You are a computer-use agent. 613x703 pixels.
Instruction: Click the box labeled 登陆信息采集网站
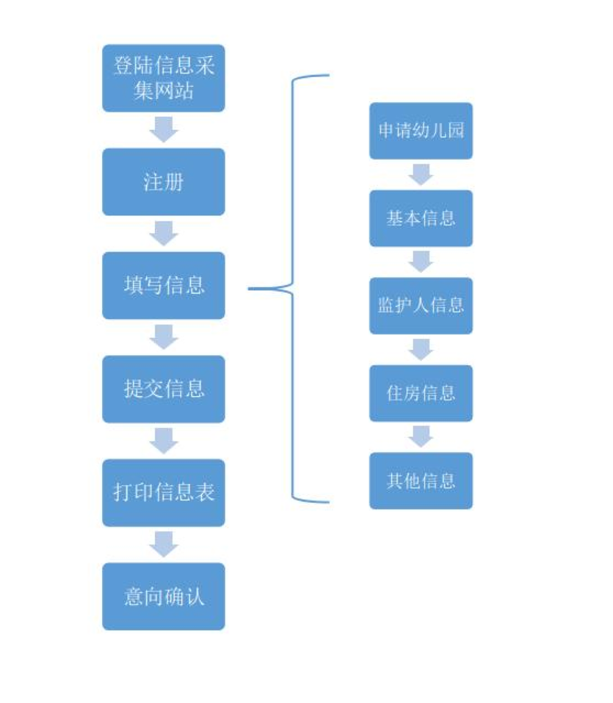point(164,78)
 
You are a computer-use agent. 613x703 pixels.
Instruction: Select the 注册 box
point(164,181)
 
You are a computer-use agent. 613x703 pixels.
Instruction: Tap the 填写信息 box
point(164,285)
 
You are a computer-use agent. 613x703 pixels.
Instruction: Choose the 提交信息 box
point(164,389)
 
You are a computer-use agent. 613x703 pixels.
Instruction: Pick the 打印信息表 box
point(164,492)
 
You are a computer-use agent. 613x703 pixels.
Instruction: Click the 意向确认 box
point(164,596)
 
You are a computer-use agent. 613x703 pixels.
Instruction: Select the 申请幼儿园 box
point(421,131)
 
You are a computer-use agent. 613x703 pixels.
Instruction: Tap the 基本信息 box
point(421,218)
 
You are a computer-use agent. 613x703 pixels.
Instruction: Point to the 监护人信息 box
point(421,306)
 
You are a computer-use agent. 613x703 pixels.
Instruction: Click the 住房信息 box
point(421,393)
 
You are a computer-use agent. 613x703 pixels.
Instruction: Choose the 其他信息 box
point(421,480)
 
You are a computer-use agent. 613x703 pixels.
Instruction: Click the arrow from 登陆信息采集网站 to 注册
point(164,129)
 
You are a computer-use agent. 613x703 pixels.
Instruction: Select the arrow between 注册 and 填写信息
point(164,233)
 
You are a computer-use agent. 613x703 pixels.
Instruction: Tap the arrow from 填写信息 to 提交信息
point(164,336)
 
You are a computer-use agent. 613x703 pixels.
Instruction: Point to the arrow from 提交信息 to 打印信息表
point(164,441)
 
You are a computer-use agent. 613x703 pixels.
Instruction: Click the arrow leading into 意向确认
point(164,544)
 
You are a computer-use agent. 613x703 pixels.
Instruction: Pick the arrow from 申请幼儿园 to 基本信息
point(421,174)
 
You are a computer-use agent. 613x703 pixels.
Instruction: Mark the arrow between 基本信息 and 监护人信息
point(421,262)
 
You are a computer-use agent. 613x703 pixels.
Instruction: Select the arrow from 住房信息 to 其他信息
point(421,436)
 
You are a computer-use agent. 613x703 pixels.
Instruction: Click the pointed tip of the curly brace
point(249,289)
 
